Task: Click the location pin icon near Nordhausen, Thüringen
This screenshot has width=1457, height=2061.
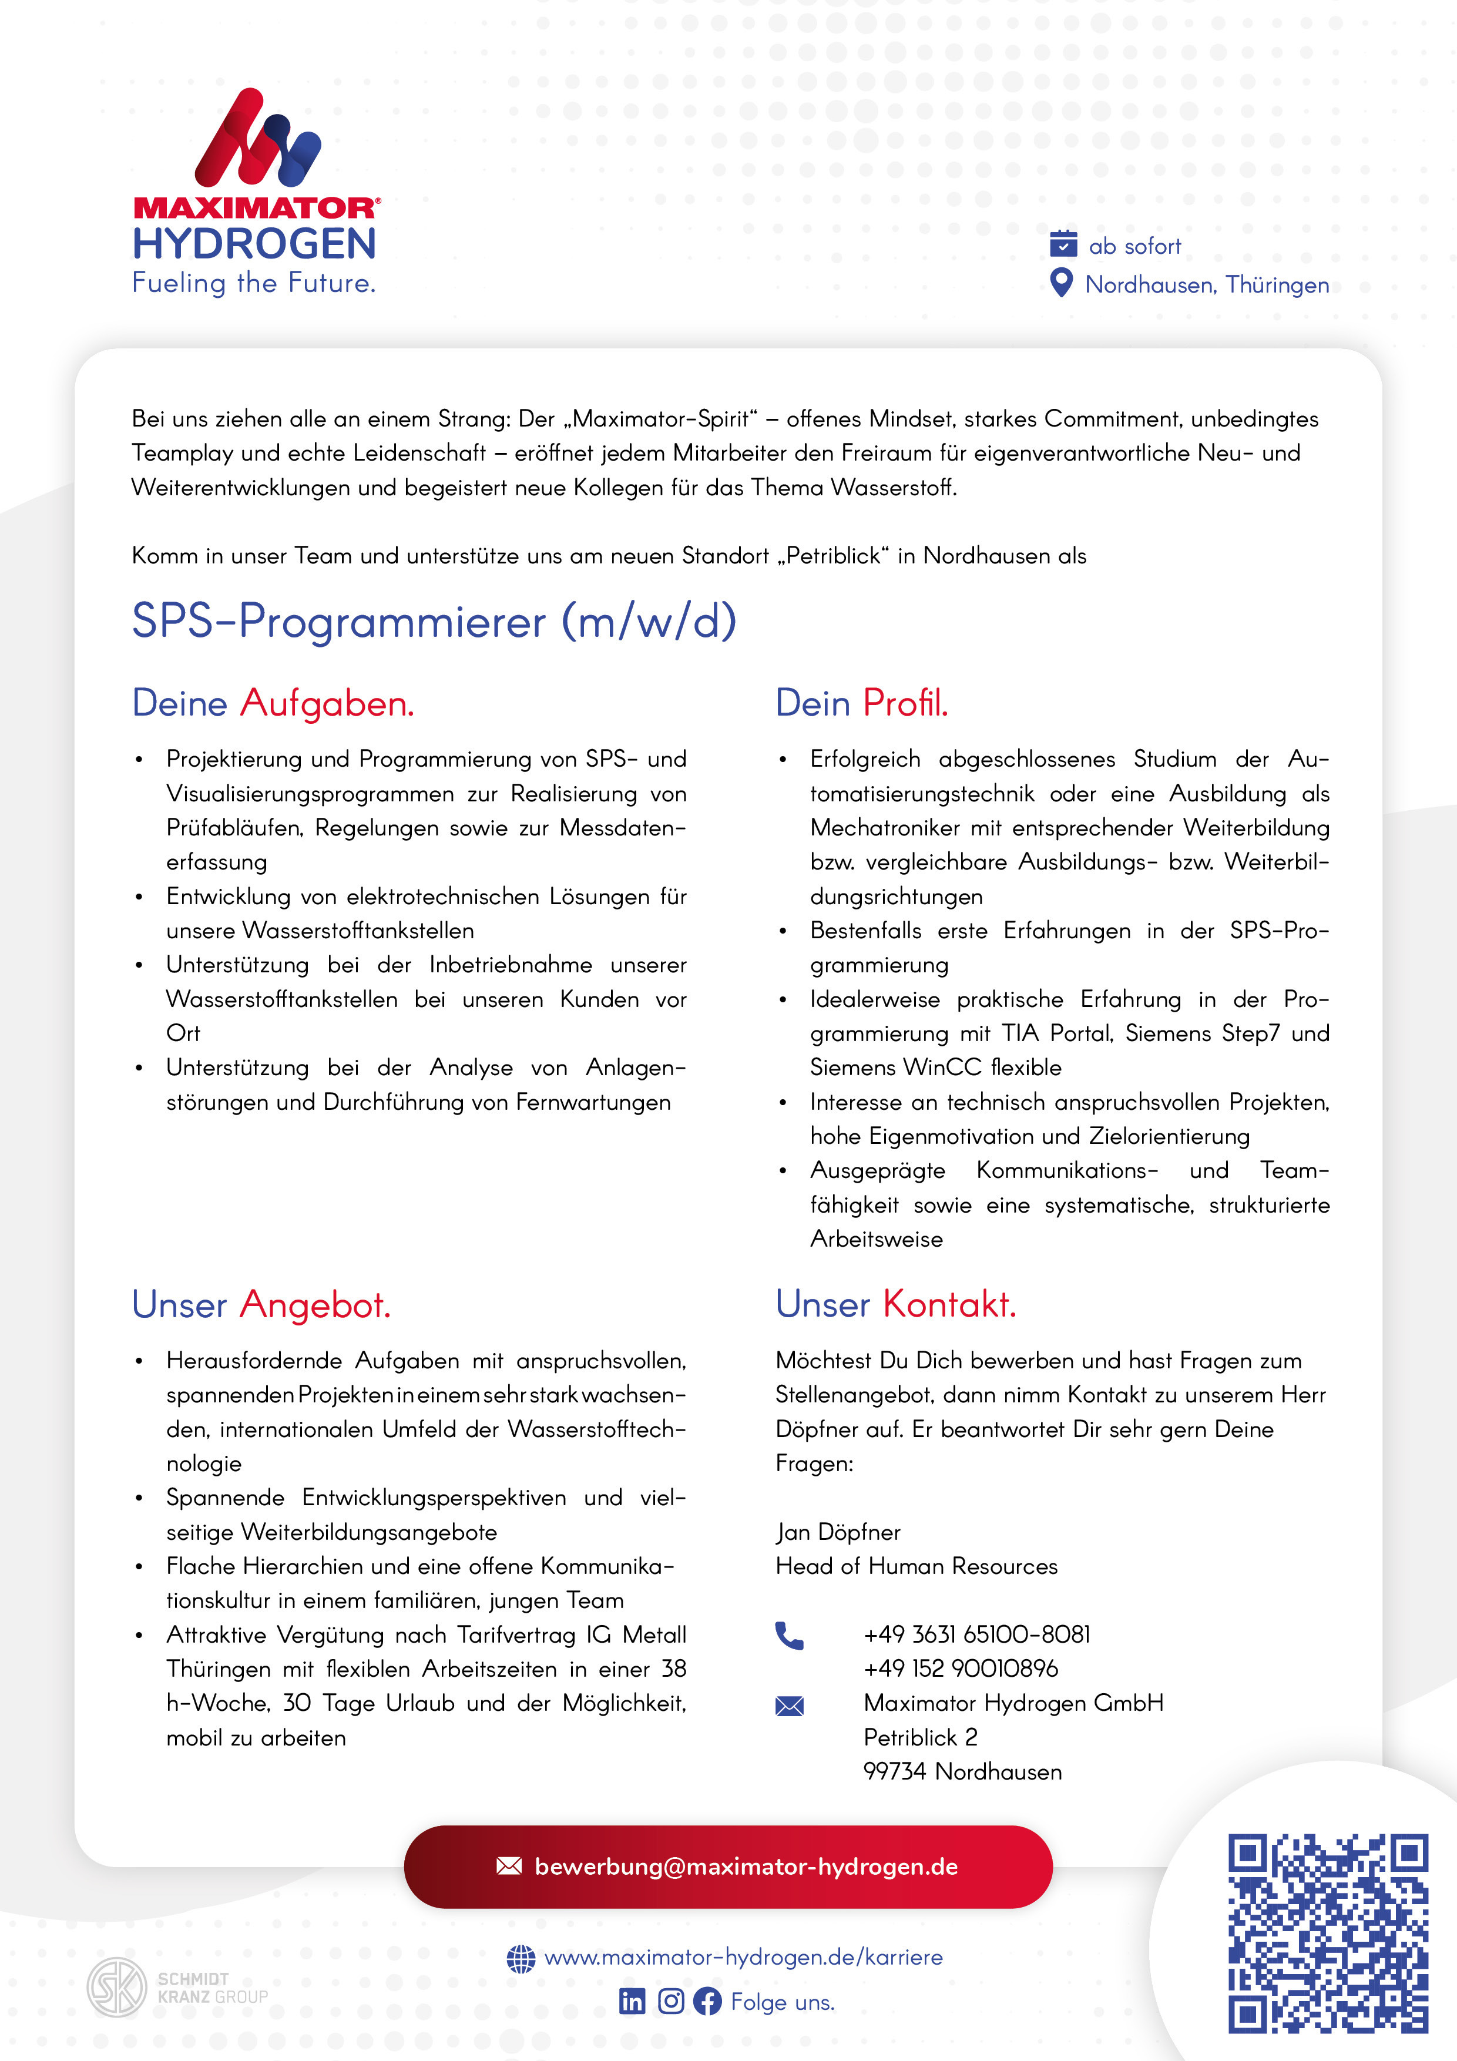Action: [1061, 283]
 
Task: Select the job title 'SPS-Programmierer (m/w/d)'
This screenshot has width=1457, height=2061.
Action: [434, 620]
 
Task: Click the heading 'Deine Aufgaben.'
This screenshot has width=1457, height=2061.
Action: [273, 703]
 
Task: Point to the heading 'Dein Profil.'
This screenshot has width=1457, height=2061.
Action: [861, 703]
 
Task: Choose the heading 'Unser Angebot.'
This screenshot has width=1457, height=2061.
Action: [261, 1304]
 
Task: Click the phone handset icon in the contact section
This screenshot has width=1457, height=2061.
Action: [789, 1636]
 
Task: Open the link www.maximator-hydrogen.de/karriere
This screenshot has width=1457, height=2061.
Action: [743, 1957]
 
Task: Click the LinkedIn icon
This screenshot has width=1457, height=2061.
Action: [632, 2001]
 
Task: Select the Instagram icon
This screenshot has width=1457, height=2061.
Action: [670, 2001]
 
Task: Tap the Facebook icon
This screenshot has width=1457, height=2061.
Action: [707, 2001]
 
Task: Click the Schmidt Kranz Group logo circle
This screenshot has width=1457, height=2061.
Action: [117, 1988]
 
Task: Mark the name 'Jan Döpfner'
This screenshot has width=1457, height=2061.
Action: [838, 1532]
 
